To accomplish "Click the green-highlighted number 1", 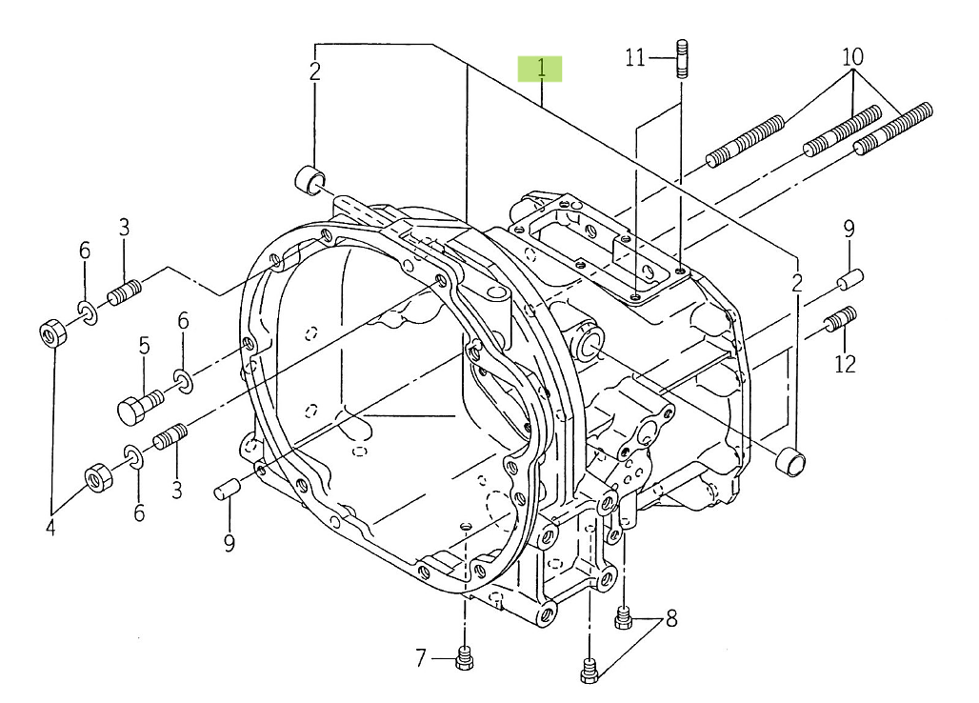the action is pyautogui.click(x=541, y=68).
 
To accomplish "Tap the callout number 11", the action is pyautogui.click(x=635, y=59).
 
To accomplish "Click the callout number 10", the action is pyautogui.click(x=852, y=57).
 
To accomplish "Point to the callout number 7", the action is pyautogui.click(x=420, y=657).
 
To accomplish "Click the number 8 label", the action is pyautogui.click(x=671, y=619).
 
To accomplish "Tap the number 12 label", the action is pyautogui.click(x=845, y=364).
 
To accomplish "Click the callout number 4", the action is pyautogui.click(x=50, y=527).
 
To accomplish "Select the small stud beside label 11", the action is pyautogui.click(x=682, y=58).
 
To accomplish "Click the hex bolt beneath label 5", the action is pyautogui.click(x=140, y=406).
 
